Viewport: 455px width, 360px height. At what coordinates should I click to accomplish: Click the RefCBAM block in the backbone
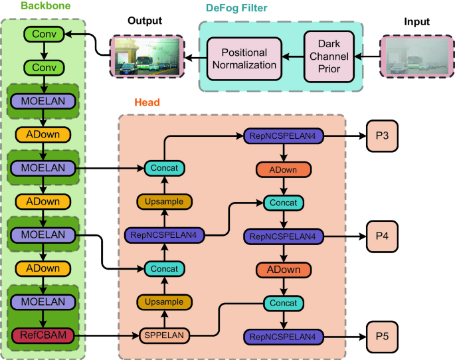coord(43,335)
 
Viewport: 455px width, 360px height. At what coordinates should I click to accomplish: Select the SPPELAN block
coord(164,335)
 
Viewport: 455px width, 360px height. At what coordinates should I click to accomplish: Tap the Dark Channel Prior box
coord(329,56)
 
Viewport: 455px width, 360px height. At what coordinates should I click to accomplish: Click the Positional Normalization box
coord(244,59)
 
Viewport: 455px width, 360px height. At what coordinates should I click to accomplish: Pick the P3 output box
coord(382,135)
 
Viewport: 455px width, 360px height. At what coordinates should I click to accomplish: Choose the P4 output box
coord(382,236)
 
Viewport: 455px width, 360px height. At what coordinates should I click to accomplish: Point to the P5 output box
coord(382,337)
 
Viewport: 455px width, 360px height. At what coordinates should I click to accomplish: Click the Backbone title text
coord(46,6)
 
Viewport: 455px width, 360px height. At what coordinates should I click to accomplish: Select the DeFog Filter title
coord(236,8)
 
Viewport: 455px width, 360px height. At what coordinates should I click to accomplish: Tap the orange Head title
coord(147,102)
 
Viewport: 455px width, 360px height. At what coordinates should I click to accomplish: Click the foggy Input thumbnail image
coord(417,56)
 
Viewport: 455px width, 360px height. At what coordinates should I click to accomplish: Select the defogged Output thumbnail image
coord(147,56)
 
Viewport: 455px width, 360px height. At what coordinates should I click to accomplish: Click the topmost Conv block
coord(44,34)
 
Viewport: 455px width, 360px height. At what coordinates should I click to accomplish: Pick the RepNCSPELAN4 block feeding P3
coord(283,136)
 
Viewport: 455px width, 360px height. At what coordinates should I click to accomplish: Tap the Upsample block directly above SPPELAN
coord(164,302)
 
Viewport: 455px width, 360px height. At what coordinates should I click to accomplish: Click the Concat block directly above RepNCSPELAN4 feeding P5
coord(284,303)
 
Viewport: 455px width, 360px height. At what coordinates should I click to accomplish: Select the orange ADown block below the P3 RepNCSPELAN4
coord(284,169)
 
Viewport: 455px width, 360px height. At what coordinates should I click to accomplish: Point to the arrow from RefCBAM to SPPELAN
coord(107,336)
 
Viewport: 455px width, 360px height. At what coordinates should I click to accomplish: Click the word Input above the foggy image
coord(417,22)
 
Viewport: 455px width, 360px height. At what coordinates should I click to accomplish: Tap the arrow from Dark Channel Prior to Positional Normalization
coord(293,56)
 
